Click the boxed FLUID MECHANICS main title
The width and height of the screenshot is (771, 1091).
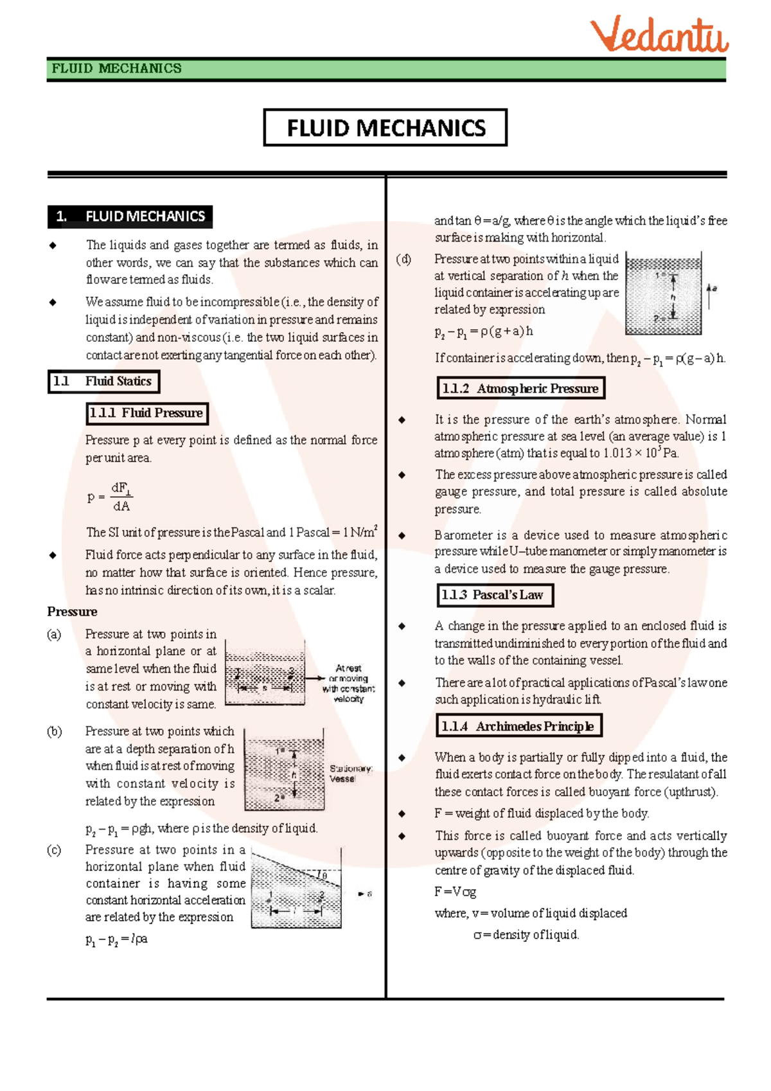click(x=385, y=128)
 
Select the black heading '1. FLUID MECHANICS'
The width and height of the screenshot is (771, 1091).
click(x=130, y=217)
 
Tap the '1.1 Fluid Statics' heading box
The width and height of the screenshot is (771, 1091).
click(x=103, y=382)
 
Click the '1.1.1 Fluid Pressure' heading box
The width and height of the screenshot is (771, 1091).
click(x=147, y=413)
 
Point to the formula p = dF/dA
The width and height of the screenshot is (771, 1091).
click(x=110, y=497)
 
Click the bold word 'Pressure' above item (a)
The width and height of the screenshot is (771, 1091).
click(x=72, y=612)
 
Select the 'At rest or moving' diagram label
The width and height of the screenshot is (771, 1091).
click(x=349, y=683)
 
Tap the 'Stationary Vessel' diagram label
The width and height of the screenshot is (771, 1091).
click(x=350, y=774)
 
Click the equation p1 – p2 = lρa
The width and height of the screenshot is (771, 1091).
click(x=116, y=939)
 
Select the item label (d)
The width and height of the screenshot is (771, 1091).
click(x=403, y=260)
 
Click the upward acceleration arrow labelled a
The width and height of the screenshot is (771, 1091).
click(x=710, y=296)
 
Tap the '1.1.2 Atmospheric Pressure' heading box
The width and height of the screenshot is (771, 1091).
click(x=520, y=388)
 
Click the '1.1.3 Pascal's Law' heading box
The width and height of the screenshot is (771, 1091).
click(x=494, y=595)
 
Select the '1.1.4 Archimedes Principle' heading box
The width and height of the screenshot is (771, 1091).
click(x=518, y=726)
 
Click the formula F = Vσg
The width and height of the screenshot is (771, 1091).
click(x=455, y=892)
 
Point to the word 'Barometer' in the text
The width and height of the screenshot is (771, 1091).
click(x=463, y=535)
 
